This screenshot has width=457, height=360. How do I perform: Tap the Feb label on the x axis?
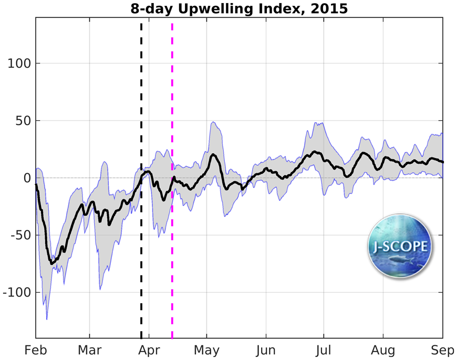click(x=36, y=350)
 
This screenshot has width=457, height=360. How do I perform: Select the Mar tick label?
click(x=90, y=350)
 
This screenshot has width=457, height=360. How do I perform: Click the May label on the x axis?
click(x=207, y=350)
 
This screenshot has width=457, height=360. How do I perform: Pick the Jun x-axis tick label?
click(x=266, y=350)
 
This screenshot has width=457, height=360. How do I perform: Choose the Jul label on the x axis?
click(x=324, y=350)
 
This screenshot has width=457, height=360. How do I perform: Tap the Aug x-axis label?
click(x=383, y=350)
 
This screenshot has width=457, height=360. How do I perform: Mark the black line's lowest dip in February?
click(x=51, y=263)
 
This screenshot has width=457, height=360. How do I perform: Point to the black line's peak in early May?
click(x=213, y=155)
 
